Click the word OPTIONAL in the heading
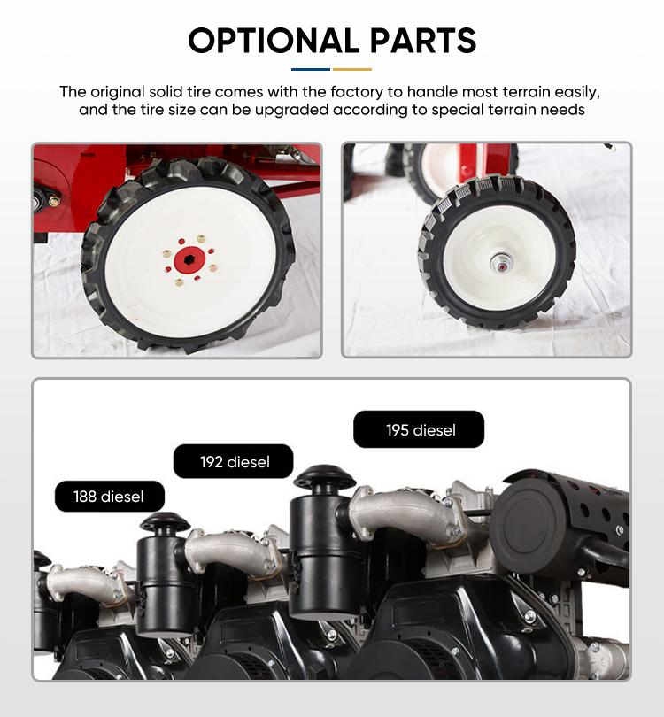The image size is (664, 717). pos(274,40)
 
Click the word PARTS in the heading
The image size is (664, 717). pos(423,40)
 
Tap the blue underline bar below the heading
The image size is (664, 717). pos(311,70)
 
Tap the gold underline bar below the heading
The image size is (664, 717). pos(352,70)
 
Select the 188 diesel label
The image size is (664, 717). pos(109,496)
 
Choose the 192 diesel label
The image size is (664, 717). pos(233,461)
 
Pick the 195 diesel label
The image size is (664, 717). pos(419,429)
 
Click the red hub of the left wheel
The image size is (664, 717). pos(189,259)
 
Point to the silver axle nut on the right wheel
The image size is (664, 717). pos(501,264)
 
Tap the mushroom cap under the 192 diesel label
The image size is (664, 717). pos(324,477)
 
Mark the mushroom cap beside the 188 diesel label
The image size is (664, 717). pos(165,521)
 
